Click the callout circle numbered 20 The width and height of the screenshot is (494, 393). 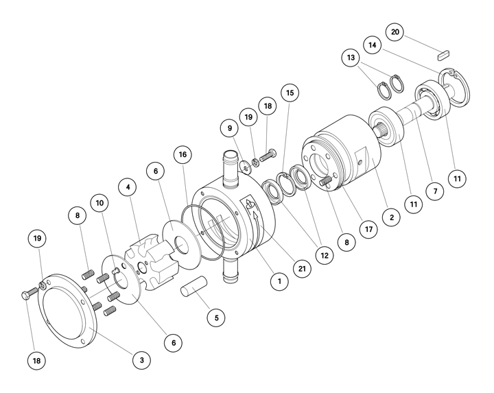coord(395,32)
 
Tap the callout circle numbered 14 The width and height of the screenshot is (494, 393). coord(373,45)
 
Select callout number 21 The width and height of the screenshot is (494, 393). coord(302,269)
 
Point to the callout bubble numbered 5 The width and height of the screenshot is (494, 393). coord(216,318)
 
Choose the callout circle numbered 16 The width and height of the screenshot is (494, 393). coord(183,154)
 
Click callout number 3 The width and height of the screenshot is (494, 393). coord(142,360)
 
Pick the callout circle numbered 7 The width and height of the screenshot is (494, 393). coord(436,191)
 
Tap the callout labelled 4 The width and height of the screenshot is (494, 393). coord(128,187)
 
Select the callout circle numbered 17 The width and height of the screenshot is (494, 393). coord(369,229)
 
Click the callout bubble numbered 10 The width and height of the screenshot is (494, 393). coord(99,203)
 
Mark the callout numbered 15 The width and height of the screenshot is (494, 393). coord(290,93)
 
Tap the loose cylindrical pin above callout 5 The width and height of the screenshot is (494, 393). coord(193,286)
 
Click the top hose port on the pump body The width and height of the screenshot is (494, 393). coord(231,169)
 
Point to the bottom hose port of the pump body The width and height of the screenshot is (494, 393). coord(231,271)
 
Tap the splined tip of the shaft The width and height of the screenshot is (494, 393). coord(381,130)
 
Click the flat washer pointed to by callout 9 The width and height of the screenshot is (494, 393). coord(246,167)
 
